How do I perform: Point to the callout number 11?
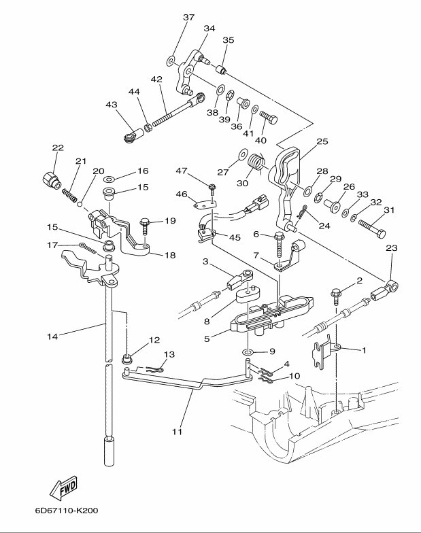coord(177,430)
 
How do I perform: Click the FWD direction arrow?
coord(63,487)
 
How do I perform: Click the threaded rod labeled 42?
coord(167,111)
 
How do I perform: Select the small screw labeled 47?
coord(212,186)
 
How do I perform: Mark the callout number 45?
coord(235,237)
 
